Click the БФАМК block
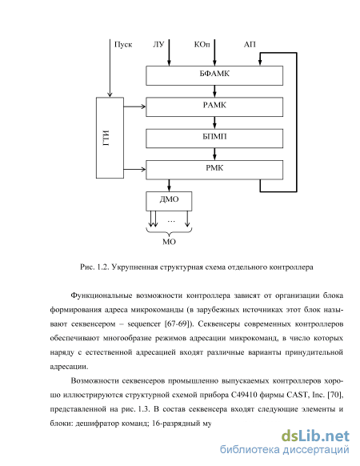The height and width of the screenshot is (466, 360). (x=214, y=75)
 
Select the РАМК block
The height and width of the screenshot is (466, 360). (x=214, y=107)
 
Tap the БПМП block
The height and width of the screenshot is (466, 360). (x=214, y=139)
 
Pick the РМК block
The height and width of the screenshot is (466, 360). (x=214, y=170)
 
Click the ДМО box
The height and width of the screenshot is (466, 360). (x=169, y=201)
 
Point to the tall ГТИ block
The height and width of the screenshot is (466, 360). (x=110, y=138)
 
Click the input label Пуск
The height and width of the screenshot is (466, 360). (x=123, y=45)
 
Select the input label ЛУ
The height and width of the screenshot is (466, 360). (x=158, y=45)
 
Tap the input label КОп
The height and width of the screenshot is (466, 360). (x=202, y=45)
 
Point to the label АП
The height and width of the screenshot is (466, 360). (x=250, y=45)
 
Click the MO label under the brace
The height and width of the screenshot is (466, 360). (x=169, y=242)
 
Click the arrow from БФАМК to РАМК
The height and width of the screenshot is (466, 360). (x=214, y=91)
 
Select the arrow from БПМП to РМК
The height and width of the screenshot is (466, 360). (x=214, y=155)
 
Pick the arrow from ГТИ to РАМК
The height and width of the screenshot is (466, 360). (x=134, y=106)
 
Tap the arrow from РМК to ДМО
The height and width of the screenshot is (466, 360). (x=169, y=186)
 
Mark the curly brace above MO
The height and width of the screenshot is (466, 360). (x=169, y=231)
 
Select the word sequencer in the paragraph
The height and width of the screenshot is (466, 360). (x=144, y=323)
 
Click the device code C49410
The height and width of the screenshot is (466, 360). (x=243, y=395)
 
